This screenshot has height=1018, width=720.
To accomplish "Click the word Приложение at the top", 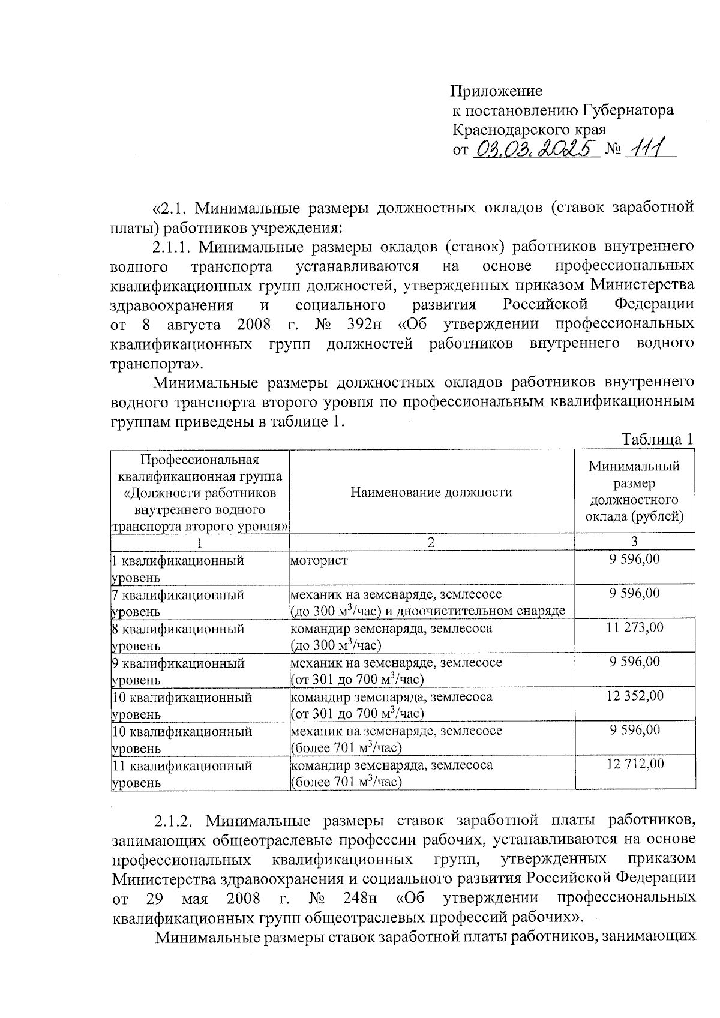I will click(496, 91).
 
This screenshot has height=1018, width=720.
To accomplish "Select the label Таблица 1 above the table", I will click(658, 439).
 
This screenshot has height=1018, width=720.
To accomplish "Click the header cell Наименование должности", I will click(431, 493).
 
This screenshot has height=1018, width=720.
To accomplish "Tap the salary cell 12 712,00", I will click(634, 764).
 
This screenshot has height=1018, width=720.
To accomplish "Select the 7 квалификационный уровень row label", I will click(179, 603).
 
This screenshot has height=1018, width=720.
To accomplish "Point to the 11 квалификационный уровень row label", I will click(182, 774).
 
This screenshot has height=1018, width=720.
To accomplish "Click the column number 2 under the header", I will click(431, 542).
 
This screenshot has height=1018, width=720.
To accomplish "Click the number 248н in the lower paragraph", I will click(359, 899).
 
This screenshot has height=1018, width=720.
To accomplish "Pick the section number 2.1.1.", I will click(174, 247).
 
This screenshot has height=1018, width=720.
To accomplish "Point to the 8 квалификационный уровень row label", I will click(179, 637).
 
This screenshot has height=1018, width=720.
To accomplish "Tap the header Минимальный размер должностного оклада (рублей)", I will click(634, 491).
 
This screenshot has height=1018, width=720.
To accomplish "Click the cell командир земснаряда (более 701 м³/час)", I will click(392, 773).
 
